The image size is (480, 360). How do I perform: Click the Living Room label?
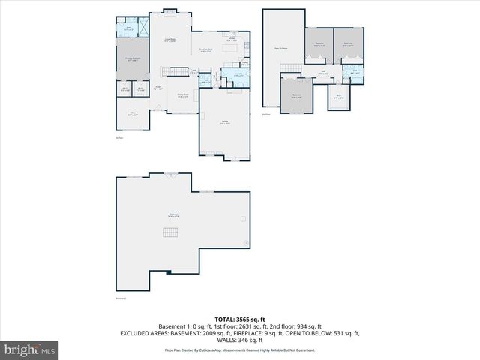click(170, 40)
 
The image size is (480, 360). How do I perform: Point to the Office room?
click(132, 115)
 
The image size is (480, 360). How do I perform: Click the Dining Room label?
click(182, 95)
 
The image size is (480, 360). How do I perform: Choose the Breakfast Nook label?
click(205, 51)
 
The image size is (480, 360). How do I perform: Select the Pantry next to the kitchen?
click(235, 63)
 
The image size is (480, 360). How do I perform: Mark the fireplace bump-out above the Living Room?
click(170, 10)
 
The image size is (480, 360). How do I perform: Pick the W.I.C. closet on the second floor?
click(339, 95)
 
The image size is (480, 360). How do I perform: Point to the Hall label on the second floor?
click(322, 72)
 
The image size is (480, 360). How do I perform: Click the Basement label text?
click(173, 215)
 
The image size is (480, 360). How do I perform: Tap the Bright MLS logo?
click(30, 349)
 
